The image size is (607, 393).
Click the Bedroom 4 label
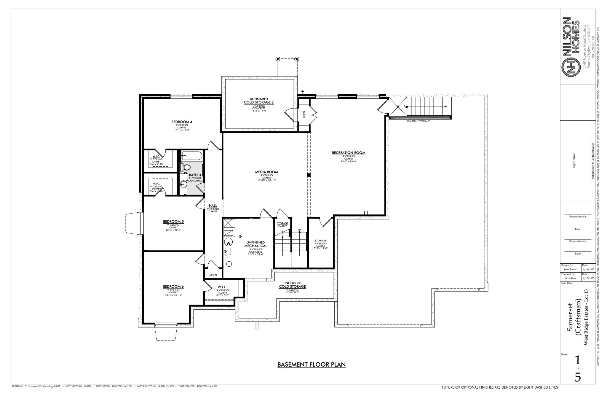(182, 122)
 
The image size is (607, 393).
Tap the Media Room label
(266, 172)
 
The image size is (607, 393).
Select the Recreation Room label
(349, 153)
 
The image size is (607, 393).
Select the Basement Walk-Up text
(418, 121)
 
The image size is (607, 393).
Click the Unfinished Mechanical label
(255, 246)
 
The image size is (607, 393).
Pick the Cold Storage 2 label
(258, 102)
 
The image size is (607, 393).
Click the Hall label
(213, 206)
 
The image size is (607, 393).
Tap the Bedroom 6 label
(173, 287)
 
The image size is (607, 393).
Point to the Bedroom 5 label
(173, 222)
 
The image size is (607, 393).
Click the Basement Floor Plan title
(312, 365)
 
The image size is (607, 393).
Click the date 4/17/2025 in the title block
(588, 279)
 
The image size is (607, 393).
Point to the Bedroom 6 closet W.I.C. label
(222, 287)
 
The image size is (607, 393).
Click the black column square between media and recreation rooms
(309, 175)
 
